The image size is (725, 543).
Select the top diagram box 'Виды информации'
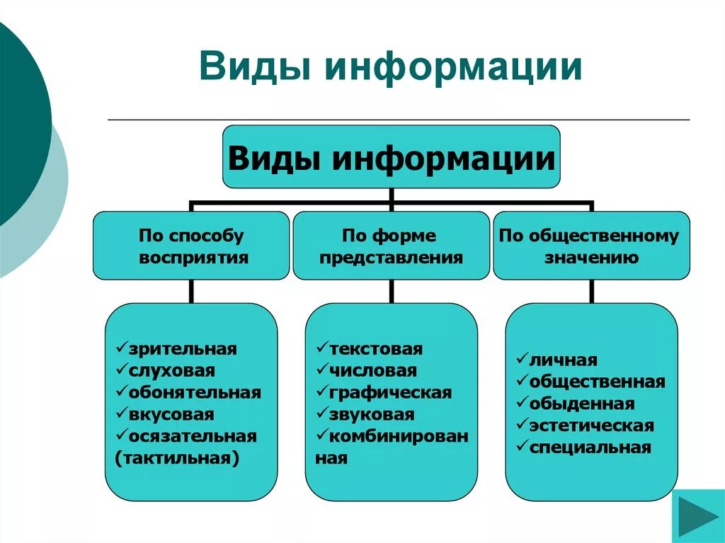click(391, 157)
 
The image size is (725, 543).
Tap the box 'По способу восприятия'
click(191, 246)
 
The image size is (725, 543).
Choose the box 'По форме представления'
click(391, 246)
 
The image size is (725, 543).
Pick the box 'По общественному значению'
click(590, 246)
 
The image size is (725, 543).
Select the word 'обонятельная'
click(195, 392)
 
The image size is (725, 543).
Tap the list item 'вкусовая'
click(171, 414)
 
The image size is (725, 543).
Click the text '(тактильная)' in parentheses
click(176, 458)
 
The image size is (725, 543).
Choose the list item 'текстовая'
click(375, 349)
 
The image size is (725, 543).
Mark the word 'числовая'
click(372, 370)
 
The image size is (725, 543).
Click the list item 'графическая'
click(389, 392)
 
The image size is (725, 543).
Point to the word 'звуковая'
click(371, 414)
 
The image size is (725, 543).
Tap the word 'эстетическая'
click(591, 425)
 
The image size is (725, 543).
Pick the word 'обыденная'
click(581, 404)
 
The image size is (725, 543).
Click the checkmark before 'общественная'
click(522, 382)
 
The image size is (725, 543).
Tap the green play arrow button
click(697, 515)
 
